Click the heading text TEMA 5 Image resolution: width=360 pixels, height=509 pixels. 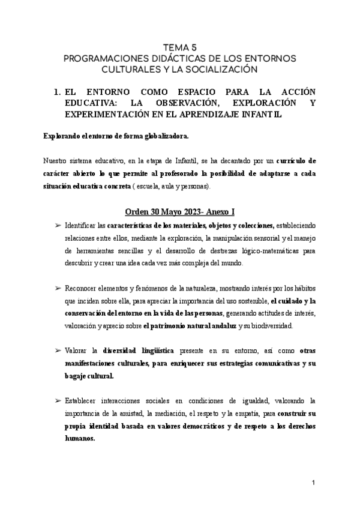coord(179,46)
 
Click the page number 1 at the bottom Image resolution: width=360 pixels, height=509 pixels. coord(313,483)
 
